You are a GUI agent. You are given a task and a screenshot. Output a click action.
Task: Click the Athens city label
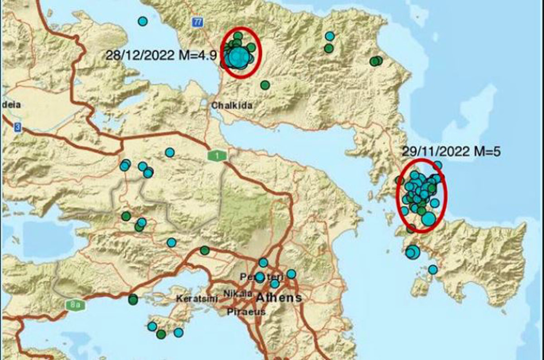279,298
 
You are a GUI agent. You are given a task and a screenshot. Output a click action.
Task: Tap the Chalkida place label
232,106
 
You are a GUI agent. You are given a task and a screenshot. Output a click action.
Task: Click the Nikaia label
238,293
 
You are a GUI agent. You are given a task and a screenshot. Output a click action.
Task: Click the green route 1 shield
217,156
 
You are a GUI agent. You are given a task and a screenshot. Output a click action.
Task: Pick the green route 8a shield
74,305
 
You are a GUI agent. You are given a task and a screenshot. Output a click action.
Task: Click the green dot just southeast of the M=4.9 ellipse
265,85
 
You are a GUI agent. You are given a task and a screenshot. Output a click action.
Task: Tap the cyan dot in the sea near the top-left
143,21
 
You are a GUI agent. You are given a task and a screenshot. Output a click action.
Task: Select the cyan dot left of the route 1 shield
170,152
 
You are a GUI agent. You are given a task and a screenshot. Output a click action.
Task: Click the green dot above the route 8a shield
133,299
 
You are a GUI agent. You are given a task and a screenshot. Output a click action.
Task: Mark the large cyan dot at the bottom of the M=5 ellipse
428,219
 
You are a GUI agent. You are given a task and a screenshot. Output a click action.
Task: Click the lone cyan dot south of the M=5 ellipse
433,270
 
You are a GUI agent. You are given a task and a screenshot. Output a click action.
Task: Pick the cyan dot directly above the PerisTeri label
263,263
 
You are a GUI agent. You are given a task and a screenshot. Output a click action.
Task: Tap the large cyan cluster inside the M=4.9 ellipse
238,57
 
